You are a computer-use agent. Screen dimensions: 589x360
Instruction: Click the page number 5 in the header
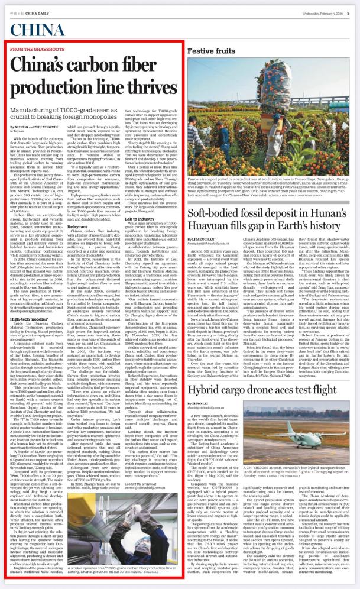coord(351,8)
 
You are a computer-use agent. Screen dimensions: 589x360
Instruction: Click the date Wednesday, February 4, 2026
coord(319,8)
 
